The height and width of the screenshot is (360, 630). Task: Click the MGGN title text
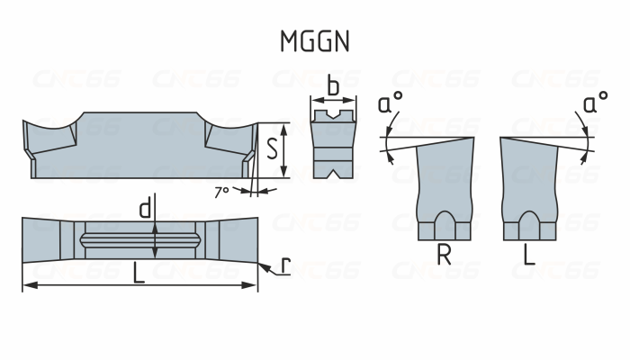[x=314, y=41]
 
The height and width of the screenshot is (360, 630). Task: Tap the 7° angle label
[x=222, y=191]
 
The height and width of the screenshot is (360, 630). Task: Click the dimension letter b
[x=332, y=87]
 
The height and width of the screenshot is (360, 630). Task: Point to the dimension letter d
[x=144, y=210]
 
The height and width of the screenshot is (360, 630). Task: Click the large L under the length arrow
[x=138, y=274]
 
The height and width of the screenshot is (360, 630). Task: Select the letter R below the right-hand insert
[x=444, y=256]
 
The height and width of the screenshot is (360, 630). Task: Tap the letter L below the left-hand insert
[x=529, y=256]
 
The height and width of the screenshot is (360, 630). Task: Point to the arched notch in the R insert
[x=444, y=222]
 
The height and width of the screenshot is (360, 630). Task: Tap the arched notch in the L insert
[x=530, y=222]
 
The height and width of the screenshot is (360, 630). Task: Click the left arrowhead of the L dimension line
[x=27, y=286]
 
